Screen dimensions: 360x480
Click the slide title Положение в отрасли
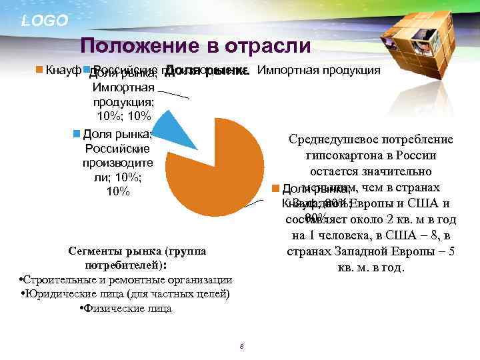click(195, 46)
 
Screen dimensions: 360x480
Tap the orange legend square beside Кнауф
click(39, 70)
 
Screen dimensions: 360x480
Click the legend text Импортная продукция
click(319, 70)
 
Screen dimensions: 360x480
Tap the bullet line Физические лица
click(125, 309)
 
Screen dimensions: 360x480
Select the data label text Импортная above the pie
click(124, 87)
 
